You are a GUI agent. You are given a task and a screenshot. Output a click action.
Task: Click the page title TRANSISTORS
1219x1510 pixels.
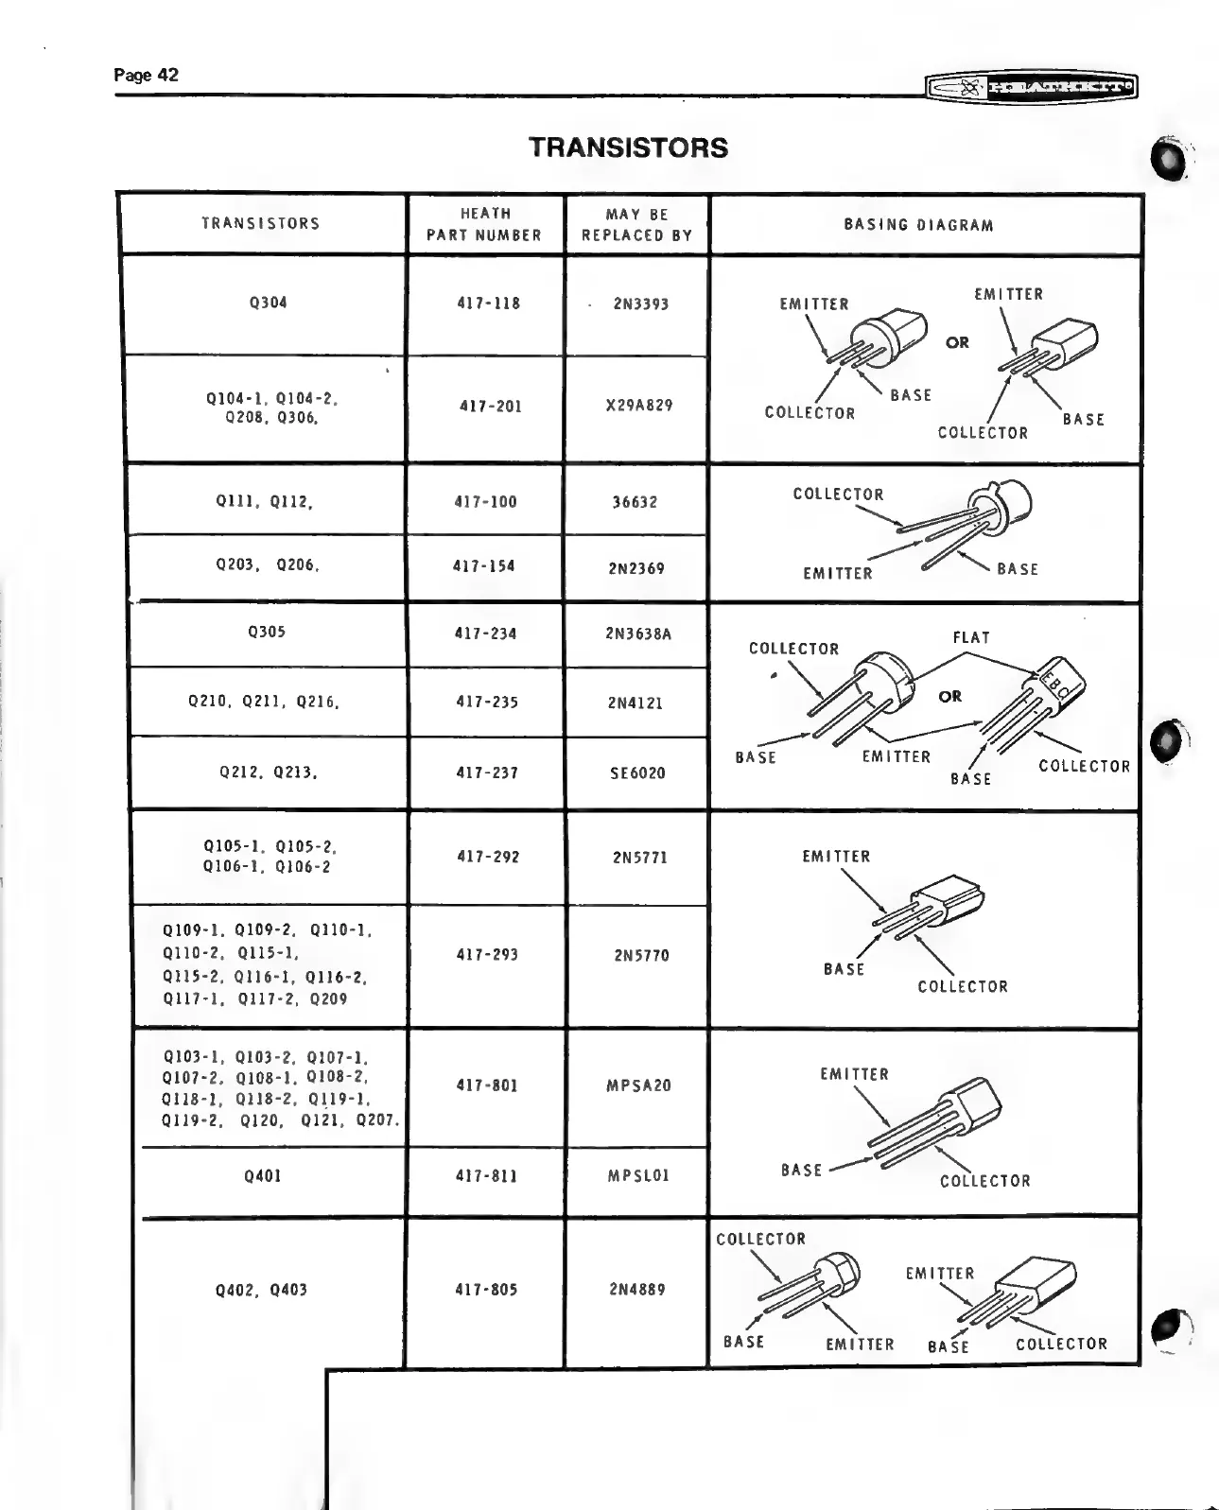coord(628,148)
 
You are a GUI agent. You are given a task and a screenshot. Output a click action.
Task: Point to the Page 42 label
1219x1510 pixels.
coord(146,75)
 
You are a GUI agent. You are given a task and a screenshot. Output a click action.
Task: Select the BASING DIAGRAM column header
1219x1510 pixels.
coord(918,225)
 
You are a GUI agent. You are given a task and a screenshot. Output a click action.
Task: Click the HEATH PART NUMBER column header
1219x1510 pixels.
coord(484,224)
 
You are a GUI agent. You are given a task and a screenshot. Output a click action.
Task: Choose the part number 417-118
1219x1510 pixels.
coord(488,304)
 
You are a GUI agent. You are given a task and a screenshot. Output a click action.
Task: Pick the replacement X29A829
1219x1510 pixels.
coord(639,406)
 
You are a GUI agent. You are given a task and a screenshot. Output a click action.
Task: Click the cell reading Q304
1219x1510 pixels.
coord(268,303)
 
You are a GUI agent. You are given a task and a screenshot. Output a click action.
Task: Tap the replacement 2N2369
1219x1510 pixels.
coord(636,568)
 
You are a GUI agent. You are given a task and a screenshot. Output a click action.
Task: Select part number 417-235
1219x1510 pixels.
coord(487,703)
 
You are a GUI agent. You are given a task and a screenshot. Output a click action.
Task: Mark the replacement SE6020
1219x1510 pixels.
coord(636,773)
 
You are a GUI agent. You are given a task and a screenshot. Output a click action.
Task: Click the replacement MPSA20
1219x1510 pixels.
coord(638,1085)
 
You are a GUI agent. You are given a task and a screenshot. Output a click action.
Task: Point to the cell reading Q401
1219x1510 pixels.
coord(263,1176)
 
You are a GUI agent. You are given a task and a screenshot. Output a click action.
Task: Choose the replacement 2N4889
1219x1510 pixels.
coord(637,1289)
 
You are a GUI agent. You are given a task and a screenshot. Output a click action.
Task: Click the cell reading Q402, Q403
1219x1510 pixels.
coord(261,1290)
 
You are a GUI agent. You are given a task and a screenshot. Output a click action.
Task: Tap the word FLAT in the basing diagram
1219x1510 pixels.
coord(971,638)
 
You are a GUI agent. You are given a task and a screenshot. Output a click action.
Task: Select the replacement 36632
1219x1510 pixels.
coord(635,502)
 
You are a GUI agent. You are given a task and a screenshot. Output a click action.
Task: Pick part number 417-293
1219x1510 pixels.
coord(487,955)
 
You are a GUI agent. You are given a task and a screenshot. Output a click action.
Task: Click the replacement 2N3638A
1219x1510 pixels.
coord(638,634)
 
